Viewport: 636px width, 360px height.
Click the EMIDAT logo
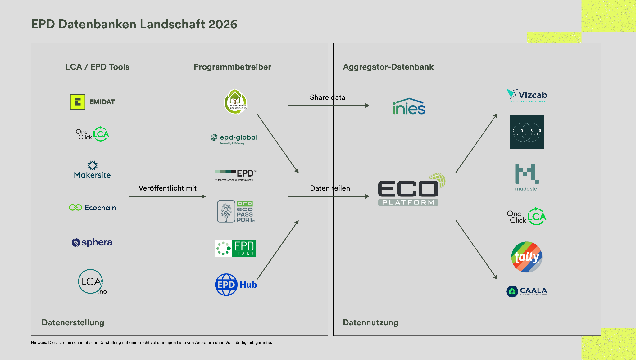coord(93,102)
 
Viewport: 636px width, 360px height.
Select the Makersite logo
coord(92,170)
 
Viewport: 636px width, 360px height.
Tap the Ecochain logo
coord(93,208)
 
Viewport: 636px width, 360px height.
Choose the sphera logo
coord(92,242)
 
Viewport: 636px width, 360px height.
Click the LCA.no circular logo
coord(92,282)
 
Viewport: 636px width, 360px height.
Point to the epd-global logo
coord(234,138)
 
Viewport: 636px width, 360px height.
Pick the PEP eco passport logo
coord(235,212)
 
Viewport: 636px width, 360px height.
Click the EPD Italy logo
coord(235,248)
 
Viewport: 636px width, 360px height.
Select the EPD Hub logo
coord(236,285)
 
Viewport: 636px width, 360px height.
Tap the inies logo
coord(409,106)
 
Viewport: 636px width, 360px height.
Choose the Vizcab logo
coord(527,95)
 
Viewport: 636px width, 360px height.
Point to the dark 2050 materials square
coord(527,132)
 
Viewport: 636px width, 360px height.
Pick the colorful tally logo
coord(527,257)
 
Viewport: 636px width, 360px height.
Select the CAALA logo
coord(527,291)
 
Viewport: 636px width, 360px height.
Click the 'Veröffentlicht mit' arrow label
coord(167,188)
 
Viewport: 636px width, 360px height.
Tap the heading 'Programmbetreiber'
coord(232,67)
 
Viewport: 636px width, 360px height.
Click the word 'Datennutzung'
coord(370,322)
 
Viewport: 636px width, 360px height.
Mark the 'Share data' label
coord(327,97)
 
